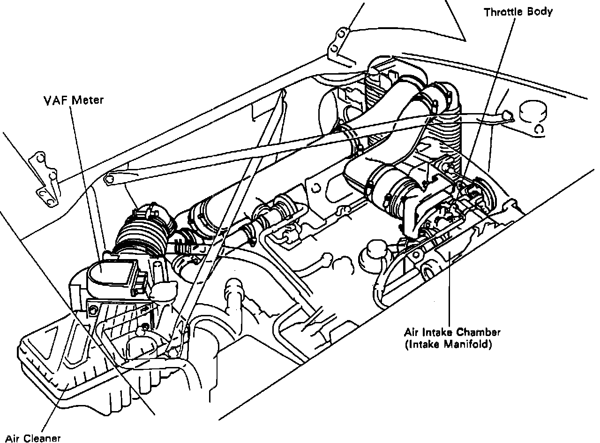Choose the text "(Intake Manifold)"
click(x=448, y=345)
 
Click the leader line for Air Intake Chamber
click(x=450, y=291)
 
